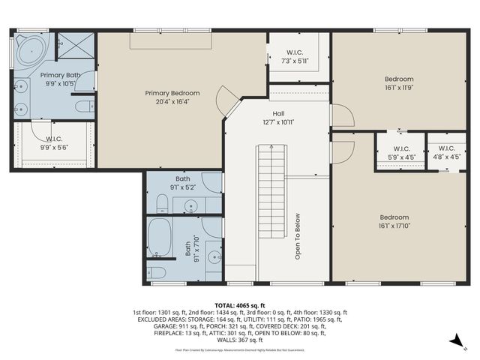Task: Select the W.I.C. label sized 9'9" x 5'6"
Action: (x=54, y=139)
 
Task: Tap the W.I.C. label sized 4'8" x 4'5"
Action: (x=446, y=148)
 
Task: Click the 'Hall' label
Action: (x=277, y=113)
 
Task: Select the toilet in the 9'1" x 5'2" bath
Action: (x=161, y=202)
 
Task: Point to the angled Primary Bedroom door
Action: (x=224, y=99)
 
